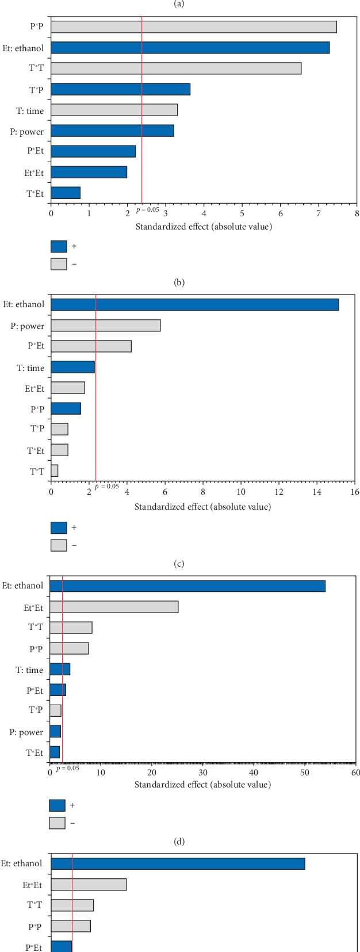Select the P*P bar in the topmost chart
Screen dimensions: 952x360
click(194, 27)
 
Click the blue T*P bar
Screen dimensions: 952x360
click(120, 89)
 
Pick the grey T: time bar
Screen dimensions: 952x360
click(114, 110)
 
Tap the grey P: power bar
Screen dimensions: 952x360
click(105, 326)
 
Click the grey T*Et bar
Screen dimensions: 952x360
click(59, 450)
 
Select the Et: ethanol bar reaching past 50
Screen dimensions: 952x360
click(187, 586)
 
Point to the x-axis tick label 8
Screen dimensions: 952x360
click(357, 213)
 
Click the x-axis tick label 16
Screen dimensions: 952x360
click(355, 492)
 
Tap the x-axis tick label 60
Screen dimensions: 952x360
click(356, 772)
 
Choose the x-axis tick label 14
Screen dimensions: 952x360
click(317, 492)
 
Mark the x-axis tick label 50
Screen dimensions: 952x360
click(305, 772)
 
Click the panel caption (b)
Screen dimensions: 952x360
click(179, 282)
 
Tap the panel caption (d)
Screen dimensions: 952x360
click(179, 842)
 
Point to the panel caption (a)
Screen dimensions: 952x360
click(179, 3)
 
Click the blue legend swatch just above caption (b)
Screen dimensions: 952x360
click(59, 246)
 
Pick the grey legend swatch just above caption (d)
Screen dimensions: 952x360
click(57, 823)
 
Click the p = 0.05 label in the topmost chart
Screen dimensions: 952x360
click(148, 210)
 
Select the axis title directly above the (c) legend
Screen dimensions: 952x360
click(202, 507)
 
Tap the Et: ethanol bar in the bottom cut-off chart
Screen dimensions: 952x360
click(178, 863)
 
